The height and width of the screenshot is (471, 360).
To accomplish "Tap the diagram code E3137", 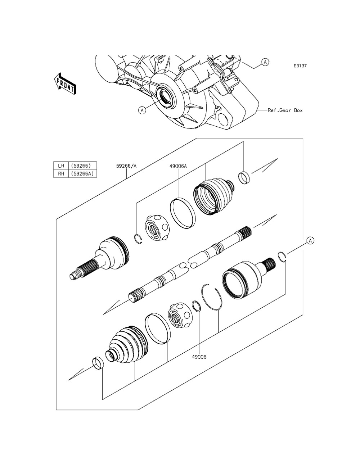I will (300, 66).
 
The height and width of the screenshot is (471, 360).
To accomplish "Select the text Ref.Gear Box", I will (285, 110).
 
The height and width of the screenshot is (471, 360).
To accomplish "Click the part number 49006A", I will (179, 166).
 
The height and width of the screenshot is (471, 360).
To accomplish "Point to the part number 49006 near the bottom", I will (199, 357).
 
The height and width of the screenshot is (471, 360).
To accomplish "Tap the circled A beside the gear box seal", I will (142, 110).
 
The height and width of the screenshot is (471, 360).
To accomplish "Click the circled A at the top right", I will (265, 62).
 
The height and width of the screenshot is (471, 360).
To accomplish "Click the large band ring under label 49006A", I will (183, 213).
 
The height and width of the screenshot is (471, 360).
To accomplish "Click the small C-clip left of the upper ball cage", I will (138, 239).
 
